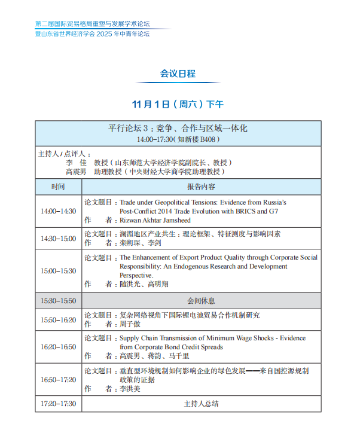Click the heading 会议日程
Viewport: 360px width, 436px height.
(x=178, y=74)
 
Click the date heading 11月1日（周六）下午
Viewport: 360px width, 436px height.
(x=178, y=105)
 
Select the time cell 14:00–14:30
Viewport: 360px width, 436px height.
(x=58, y=211)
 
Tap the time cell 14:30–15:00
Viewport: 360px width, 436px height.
(x=58, y=239)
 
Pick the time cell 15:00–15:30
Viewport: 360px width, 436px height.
(x=58, y=271)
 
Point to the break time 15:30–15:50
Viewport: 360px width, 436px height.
(x=58, y=301)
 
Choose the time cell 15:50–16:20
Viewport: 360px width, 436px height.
(x=58, y=320)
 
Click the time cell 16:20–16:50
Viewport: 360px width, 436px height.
(x=58, y=347)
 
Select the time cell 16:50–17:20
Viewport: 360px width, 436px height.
(x=58, y=380)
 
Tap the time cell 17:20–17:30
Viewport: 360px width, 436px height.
(x=58, y=404)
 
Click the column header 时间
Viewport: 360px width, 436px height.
(x=58, y=187)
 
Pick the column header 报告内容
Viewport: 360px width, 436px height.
(x=201, y=187)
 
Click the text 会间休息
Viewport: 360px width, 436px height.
(x=201, y=301)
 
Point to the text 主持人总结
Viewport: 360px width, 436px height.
(x=201, y=404)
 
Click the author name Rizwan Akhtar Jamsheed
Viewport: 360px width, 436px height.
(x=156, y=220)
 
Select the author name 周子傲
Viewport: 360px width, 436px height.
(x=130, y=324)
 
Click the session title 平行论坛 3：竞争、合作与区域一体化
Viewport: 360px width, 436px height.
(x=178, y=129)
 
